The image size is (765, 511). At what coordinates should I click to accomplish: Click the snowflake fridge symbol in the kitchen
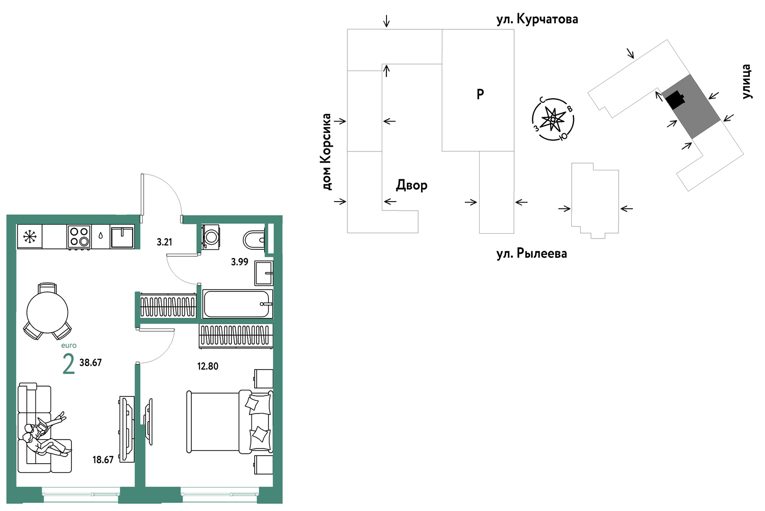coord(29,237)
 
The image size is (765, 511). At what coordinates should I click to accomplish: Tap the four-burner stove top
coord(79,237)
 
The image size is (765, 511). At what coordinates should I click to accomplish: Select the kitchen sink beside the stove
coord(122,237)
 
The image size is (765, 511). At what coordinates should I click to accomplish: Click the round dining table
coord(47,312)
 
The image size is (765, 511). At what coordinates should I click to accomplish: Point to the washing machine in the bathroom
coord(210,237)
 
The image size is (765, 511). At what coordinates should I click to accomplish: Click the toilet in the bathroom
coord(254,239)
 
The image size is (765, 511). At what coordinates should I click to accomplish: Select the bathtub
coord(237,304)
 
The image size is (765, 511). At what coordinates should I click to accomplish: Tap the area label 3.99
coord(240,262)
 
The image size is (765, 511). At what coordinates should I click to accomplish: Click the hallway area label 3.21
coord(164,242)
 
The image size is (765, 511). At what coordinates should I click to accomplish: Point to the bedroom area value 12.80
coord(207,366)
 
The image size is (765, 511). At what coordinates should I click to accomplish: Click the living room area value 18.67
coord(103,460)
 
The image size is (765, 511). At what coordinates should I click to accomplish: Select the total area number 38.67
coord(91,362)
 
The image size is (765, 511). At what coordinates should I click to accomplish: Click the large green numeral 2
coord(69,364)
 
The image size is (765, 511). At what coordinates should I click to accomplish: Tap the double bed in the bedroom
coord(230,422)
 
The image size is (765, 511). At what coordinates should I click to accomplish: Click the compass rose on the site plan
coord(553,119)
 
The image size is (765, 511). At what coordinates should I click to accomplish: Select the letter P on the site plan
coord(480,94)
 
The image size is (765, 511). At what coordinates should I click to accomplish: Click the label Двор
coord(412,185)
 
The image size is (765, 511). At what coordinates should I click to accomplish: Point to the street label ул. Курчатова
coord(537,19)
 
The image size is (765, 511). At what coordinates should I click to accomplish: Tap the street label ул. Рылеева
coord(532,254)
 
